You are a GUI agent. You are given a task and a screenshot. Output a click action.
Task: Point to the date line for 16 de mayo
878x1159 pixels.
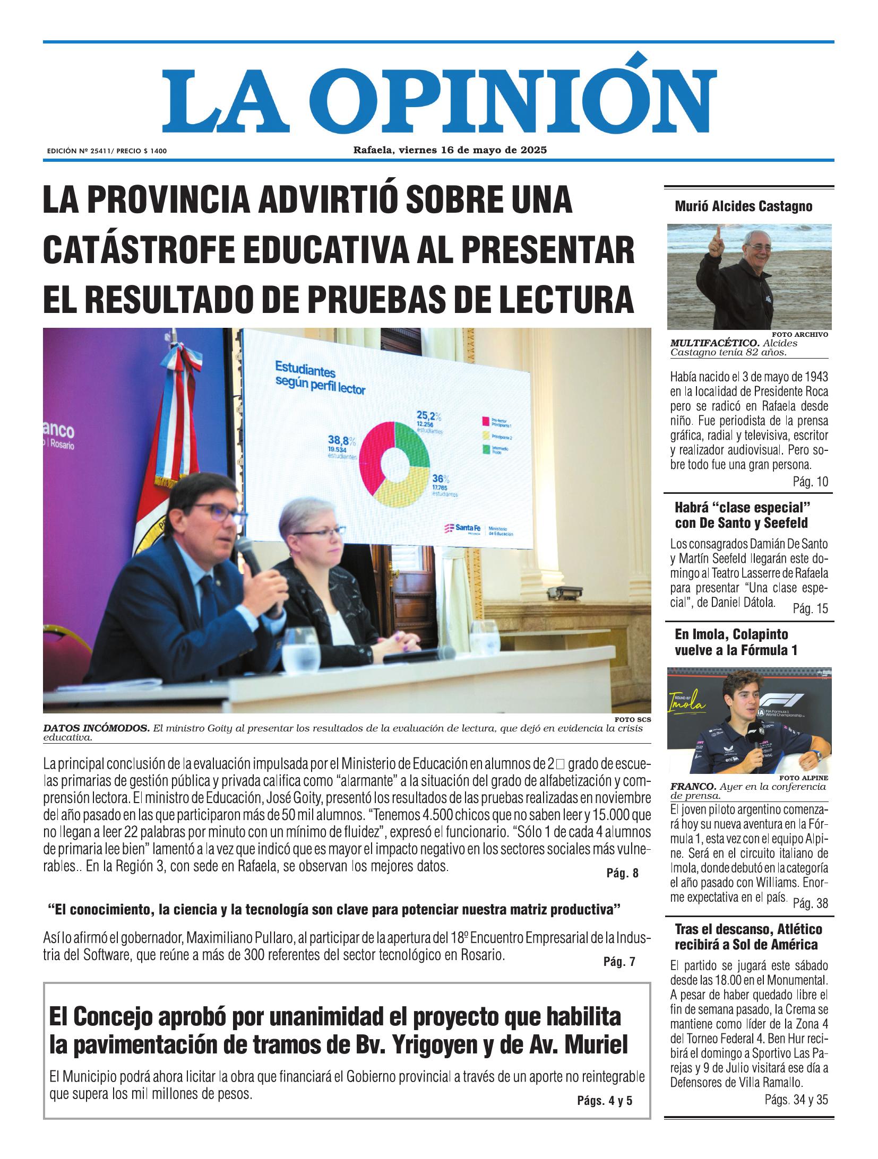(x=450, y=150)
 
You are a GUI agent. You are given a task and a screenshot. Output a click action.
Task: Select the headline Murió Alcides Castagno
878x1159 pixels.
(x=743, y=206)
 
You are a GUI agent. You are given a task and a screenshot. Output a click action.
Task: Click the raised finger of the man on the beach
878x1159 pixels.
(x=718, y=231)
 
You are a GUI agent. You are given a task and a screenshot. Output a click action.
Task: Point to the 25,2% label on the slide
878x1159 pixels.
(x=429, y=415)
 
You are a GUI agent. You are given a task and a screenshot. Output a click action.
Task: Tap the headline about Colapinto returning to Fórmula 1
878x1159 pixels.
(x=735, y=642)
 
